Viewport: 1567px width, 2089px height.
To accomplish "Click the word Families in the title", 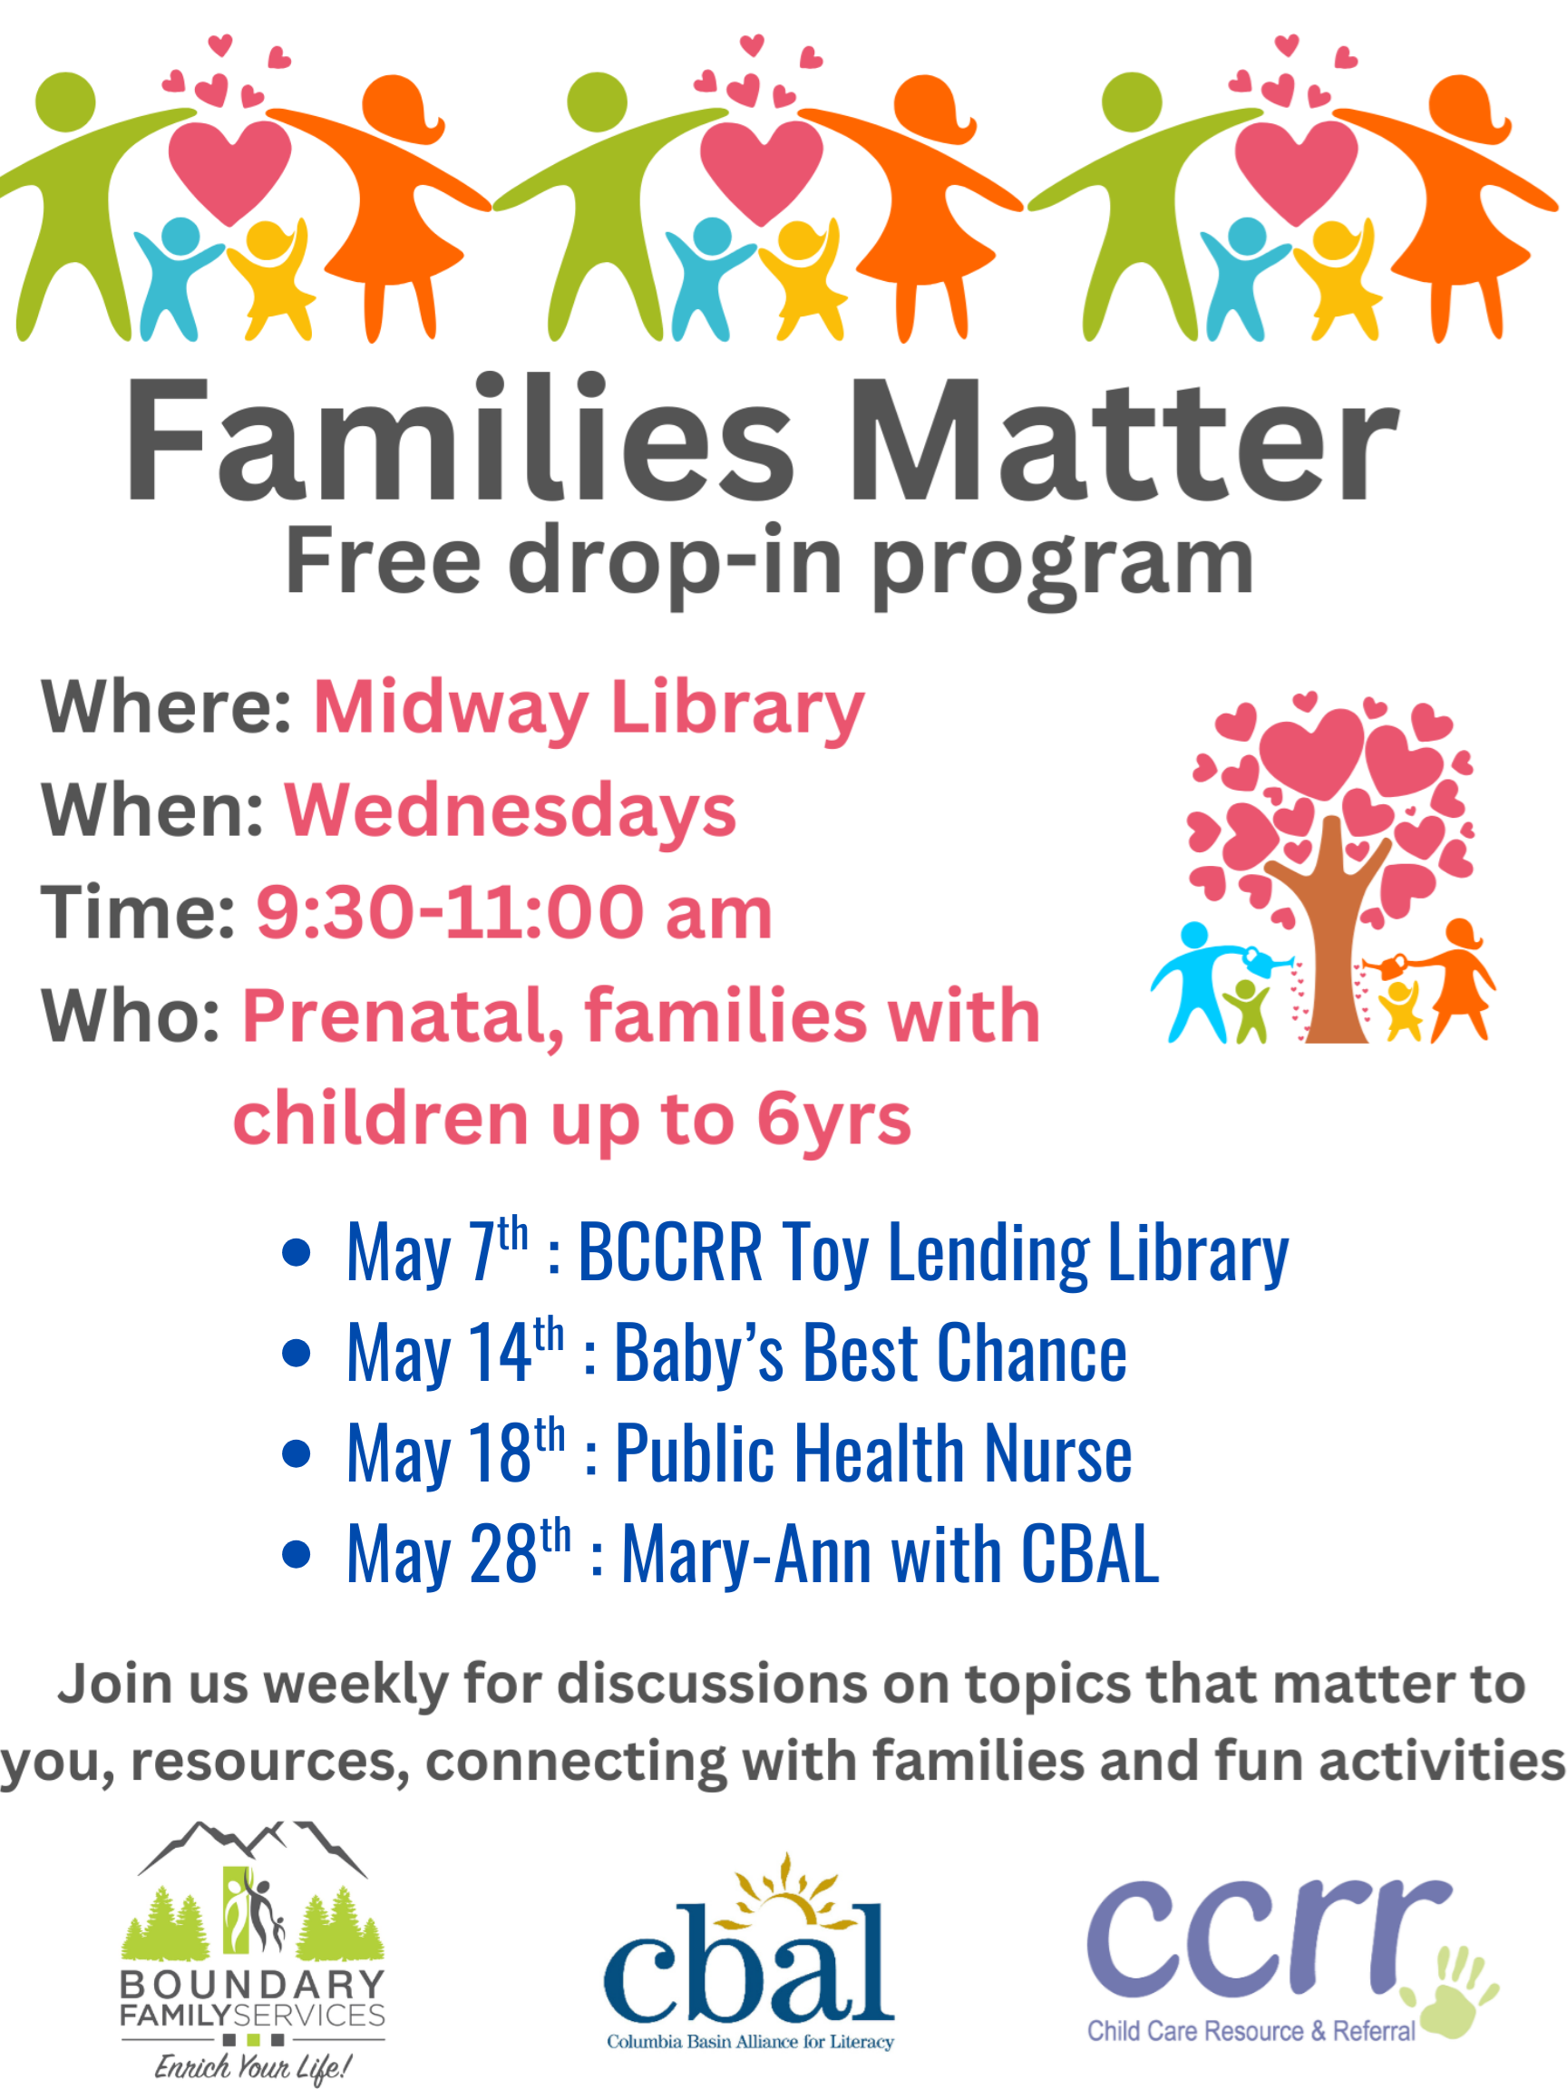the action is point(460,438).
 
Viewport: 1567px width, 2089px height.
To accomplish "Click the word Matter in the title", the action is point(1124,441).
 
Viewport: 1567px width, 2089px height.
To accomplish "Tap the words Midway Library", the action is point(589,708).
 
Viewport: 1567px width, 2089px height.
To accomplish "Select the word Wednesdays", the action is point(510,811).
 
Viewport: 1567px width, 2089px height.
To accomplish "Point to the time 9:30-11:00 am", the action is point(515,912).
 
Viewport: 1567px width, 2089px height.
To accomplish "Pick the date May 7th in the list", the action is point(437,1251).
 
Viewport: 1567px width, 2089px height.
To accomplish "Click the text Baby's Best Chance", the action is point(870,1353).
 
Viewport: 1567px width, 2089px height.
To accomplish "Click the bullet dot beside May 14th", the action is point(297,1353).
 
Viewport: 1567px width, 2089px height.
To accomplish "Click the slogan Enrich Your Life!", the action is point(253,2066).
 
